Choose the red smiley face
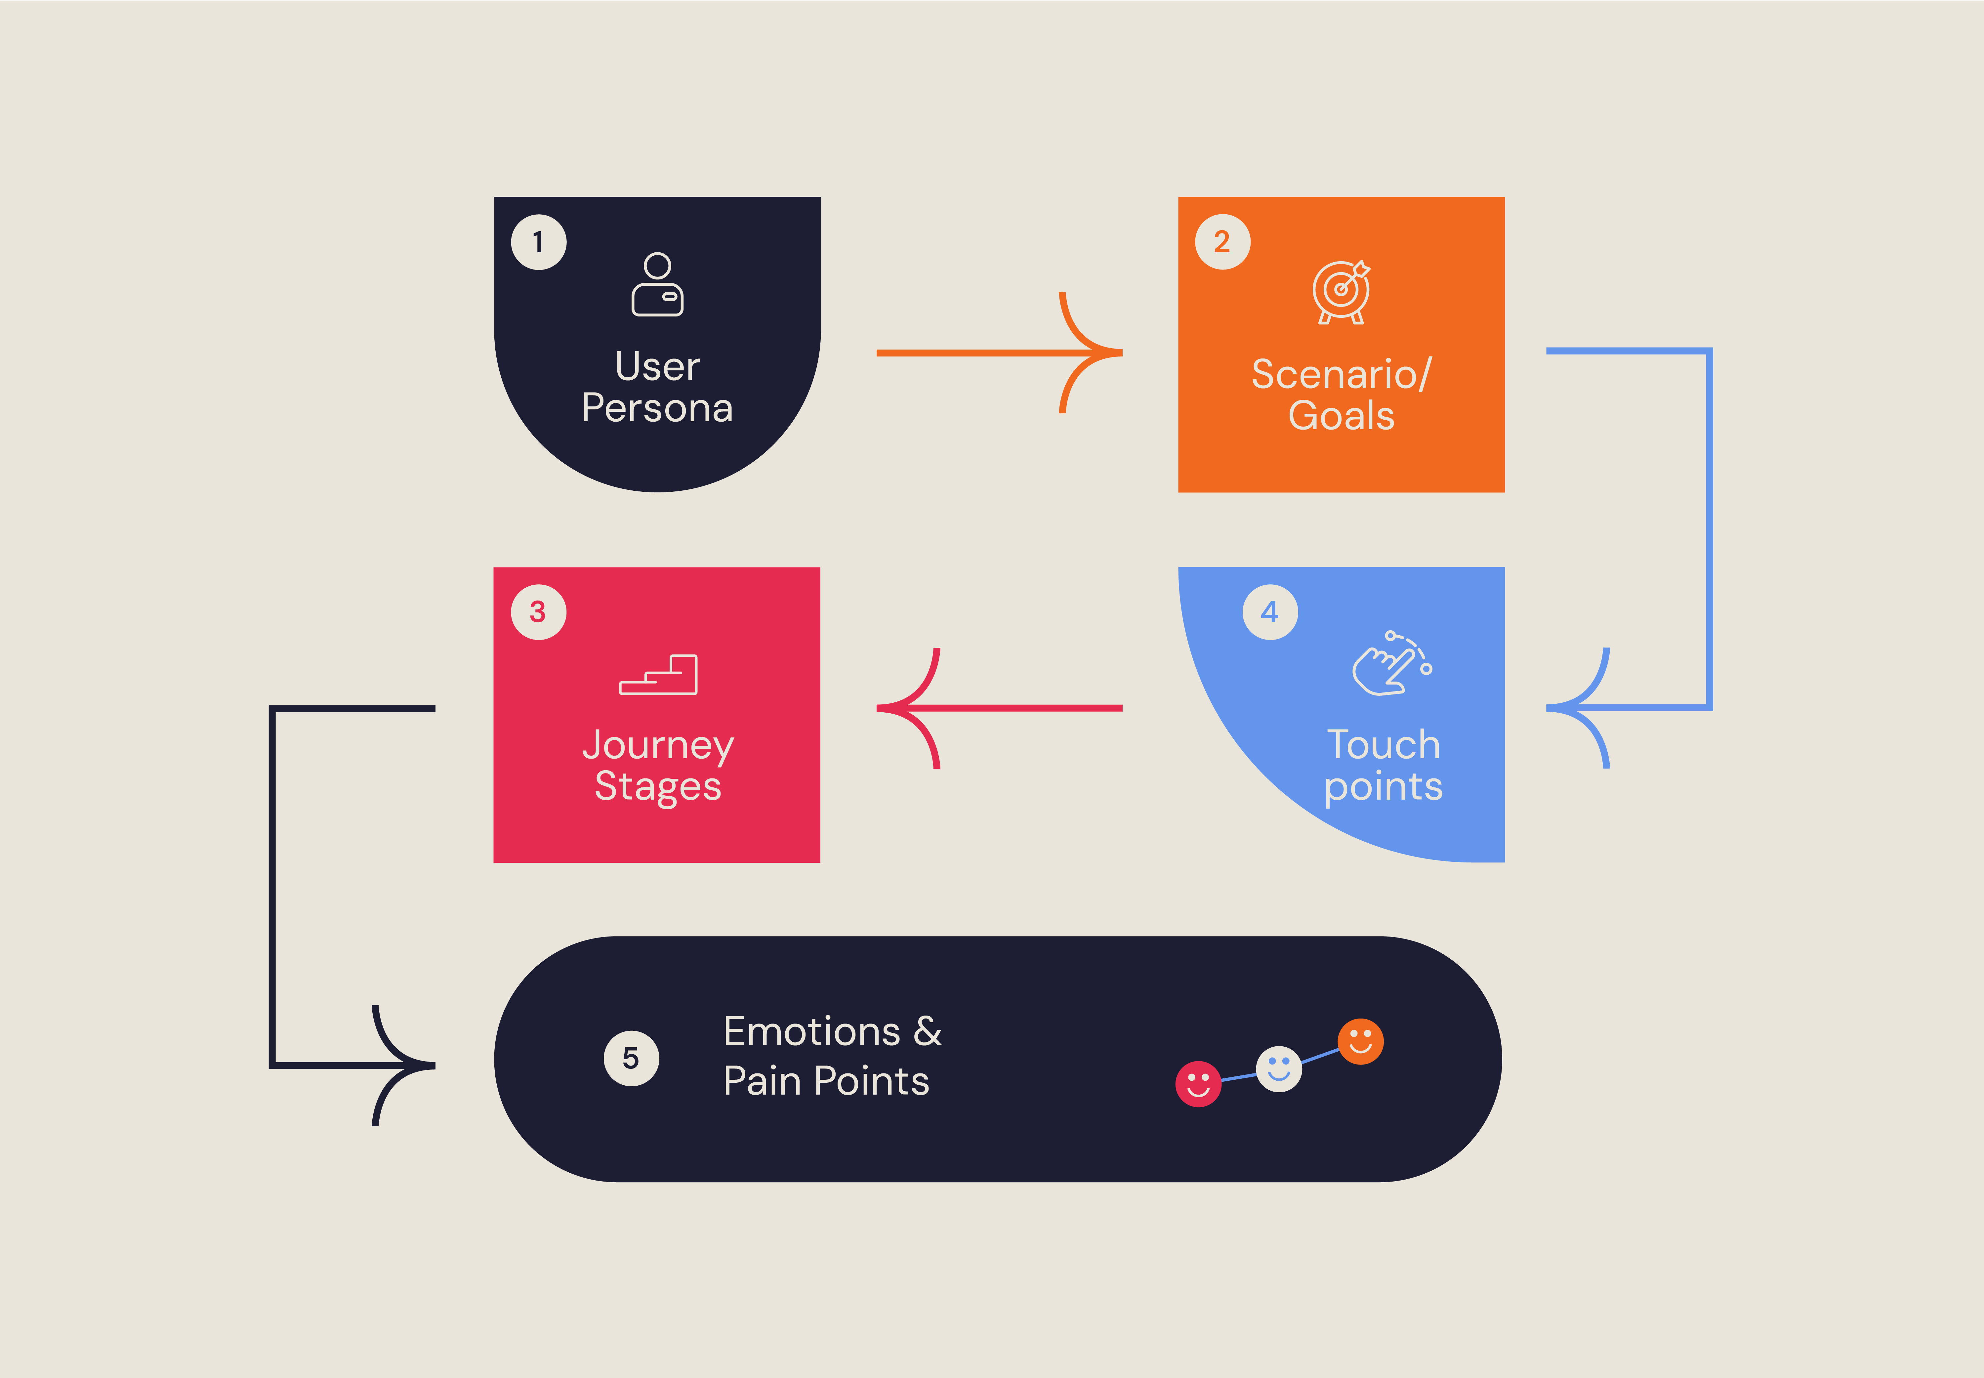(1198, 1084)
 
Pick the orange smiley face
(1361, 1041)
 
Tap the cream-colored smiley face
(1279, 1069)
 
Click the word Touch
(1383, 744)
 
